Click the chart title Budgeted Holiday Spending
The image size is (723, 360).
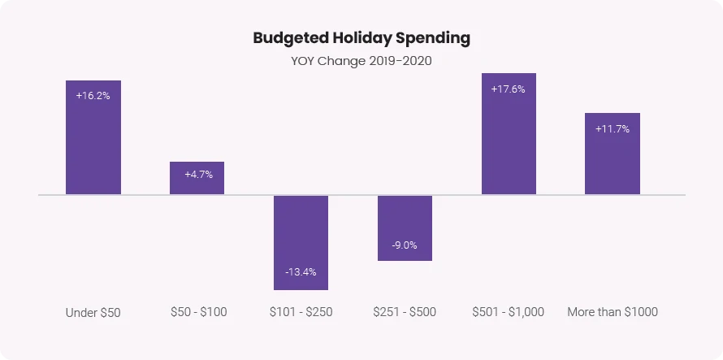click(361, 38)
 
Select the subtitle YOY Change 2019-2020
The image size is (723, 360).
click(361, 61)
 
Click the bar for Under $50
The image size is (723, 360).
click(93, 146)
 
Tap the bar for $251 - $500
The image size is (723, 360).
click(405, 219)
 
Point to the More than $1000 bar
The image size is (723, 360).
click(613, 163)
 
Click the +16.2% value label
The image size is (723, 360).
click(93, 95)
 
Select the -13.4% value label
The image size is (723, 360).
click(301, 271)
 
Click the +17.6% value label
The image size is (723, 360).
click(509, 89)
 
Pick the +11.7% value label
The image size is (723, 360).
click(613, 128)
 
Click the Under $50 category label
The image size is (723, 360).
click(93, 313)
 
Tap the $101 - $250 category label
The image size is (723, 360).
click(301, 312)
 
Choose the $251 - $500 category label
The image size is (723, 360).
click(405, 312)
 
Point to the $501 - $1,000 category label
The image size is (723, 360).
click(509, 312)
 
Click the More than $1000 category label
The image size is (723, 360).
click(613, 312)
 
